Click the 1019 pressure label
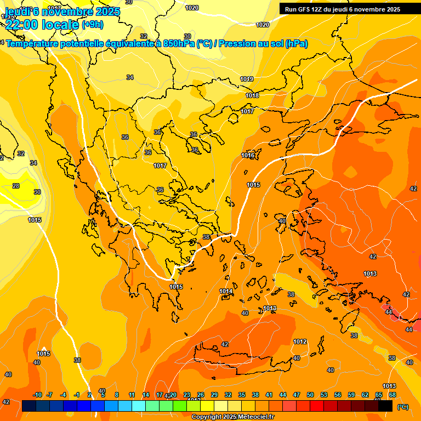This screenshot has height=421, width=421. (247, 79)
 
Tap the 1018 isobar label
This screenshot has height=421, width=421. (252, 96)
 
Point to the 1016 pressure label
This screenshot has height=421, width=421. (248, 156)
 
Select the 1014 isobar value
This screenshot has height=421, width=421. (225, 291)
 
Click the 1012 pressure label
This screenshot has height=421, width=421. (300, 342)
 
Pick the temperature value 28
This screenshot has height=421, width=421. (16, 186)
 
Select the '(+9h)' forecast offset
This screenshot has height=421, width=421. (92, 25)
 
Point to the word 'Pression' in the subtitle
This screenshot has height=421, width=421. (237, 44)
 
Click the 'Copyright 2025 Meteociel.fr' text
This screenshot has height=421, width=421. (232, 417)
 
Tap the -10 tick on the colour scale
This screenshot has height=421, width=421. (37, 395)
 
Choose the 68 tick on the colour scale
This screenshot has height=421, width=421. (392, 395)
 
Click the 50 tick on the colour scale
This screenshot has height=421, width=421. (310, 395)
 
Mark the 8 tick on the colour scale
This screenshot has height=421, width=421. (117, 395)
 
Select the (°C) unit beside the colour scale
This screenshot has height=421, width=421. (403, 406)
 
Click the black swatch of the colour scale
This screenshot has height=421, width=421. (386, 406)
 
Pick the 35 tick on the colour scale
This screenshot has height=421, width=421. (242, 395)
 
